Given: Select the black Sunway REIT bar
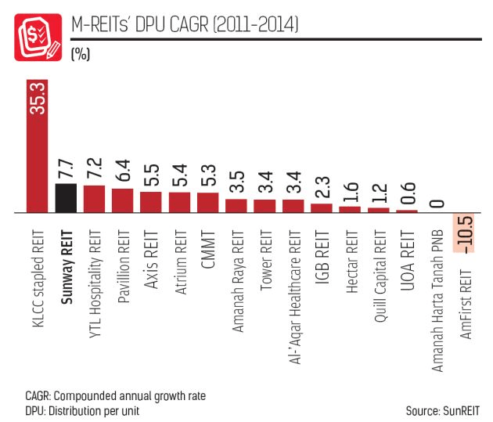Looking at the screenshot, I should [x=66, y=198].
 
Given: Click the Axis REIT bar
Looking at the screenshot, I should [x=151, y=202].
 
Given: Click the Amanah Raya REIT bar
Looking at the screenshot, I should [x=236, y=206].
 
